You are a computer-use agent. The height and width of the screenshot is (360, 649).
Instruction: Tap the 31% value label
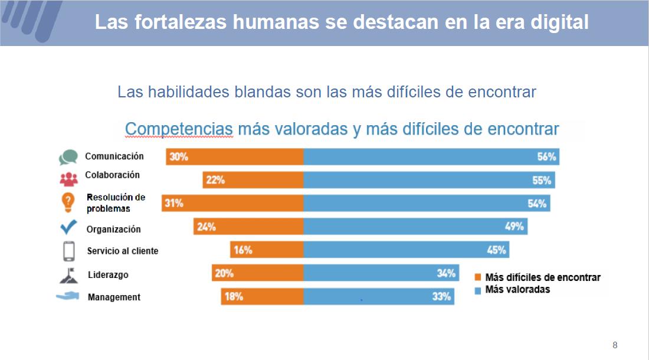pyautogui.click(x=174, y=204)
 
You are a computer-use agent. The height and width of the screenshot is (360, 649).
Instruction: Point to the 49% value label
pyautogui.click(x=513, y=227)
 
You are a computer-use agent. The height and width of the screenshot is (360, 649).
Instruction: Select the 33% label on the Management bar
pyautogui.click(x=441, y=297)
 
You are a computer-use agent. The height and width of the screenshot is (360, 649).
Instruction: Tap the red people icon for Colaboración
pyautogui.click(x=68, y=178)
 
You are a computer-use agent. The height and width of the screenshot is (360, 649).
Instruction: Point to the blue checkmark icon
pyautogui.click(x=68, y=227)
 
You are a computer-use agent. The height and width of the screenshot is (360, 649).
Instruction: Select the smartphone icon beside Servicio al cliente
pyautogui.click(x=69, y=250)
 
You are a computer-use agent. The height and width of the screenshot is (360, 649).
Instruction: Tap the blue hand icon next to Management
pyautogui.click(x=68, y=296)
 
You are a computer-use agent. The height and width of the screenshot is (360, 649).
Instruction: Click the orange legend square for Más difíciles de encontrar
pyautogui.click(x=478, y=277)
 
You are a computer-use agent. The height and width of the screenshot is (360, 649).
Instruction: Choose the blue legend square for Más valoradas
pyautogui.click(x=478, y=290)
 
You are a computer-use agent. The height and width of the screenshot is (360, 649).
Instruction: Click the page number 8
pyautogui.click(x=615, y=345)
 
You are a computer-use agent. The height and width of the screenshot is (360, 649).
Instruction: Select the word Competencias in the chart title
pyautogui.click(x=179, y=129)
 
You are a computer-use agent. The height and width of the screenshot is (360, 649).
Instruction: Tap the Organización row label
pyautogui.click(x=113, y=229)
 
